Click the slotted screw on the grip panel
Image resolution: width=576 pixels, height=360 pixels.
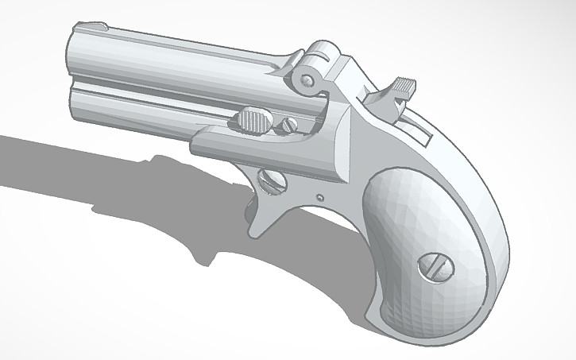coord(435,265)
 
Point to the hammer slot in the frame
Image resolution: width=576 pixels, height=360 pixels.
coord(413,127)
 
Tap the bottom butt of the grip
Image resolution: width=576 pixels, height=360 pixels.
coord(405,322)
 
